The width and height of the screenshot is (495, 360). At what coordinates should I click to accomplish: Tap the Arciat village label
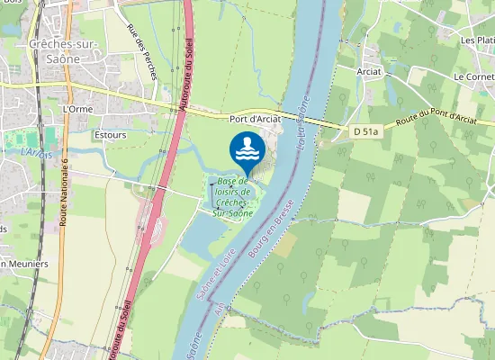pyautogui.click(x=369, y=71)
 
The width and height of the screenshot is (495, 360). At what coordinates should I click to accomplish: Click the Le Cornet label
pyautogui.click(x=473, y=77)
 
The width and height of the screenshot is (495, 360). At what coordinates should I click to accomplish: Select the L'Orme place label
pyautogui.click(x=78, y=109)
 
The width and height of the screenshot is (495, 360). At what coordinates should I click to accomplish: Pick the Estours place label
pyautogui.click(x=110, y=135)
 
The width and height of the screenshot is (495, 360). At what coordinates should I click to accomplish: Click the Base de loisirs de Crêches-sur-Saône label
pyautogui.click(x=232, y=197)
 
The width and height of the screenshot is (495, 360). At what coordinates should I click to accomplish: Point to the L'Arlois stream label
pyautogui.click(x=35, y=153)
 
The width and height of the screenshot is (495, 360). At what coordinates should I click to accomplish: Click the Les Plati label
pyautogui.click(x=478, y=40)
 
